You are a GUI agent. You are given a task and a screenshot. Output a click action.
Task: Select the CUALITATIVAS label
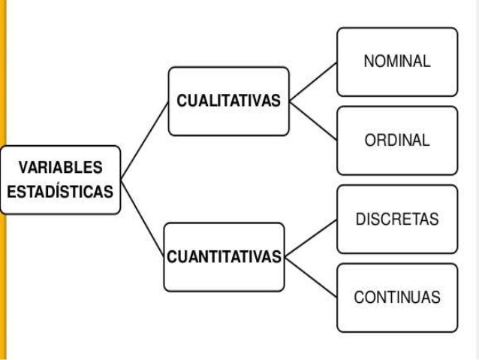click(x=228, y=101)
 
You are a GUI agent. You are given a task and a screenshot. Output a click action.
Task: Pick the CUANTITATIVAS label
click(x=224, y=257)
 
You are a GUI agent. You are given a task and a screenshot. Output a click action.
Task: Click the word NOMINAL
click(x=396, y=62)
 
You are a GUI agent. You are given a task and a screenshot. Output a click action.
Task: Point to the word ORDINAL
click(x=396, y=141)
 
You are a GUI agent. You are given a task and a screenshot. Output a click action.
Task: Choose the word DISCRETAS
click(x=396, y=219)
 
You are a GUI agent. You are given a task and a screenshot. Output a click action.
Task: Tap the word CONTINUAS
click(x=396, y=297)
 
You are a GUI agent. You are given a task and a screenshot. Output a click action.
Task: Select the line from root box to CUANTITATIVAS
click(x=143, y=218)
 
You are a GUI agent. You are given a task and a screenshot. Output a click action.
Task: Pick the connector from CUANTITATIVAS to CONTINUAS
click(x=312, y=277)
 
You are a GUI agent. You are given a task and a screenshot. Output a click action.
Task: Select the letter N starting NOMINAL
click(x=368, y=62)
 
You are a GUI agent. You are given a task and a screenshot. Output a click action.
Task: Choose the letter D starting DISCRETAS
click(x=359, y=219)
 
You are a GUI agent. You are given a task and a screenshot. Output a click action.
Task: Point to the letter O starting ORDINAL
click(x=369, y=141)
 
